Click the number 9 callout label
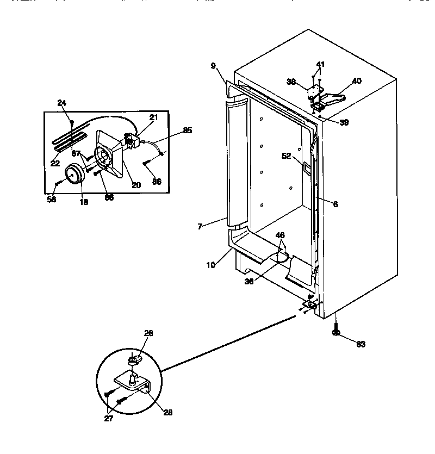(x=214, y=66)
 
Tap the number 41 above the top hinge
(x=321, y=65)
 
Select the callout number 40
(x=356, y=81)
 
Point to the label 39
(x=344, y=122)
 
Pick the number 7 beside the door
(x=200, y=226)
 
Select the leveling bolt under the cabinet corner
(x=335, y=330)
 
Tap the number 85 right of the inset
(x=187, y=130)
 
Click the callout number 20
(x=136, y=185)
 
